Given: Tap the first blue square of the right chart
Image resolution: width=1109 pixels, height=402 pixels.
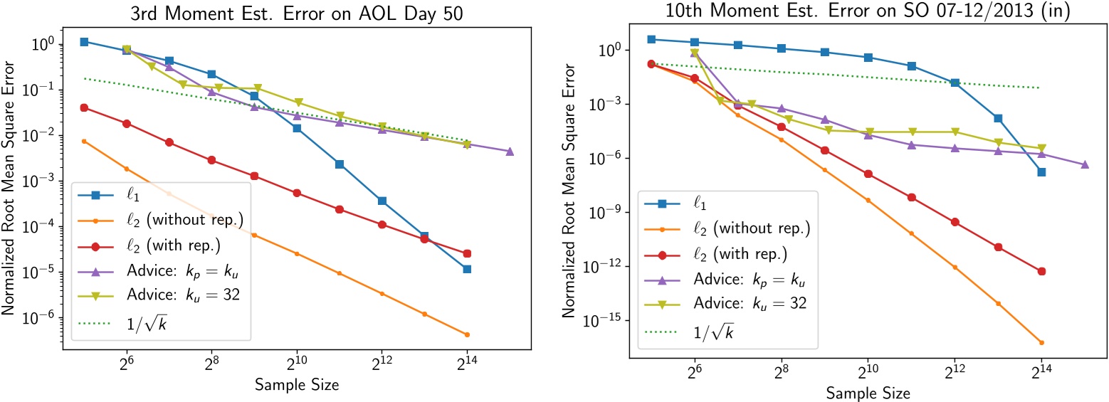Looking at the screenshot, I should coord(651,39).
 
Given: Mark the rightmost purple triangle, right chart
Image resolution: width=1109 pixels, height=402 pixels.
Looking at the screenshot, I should coord(1085,164).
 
